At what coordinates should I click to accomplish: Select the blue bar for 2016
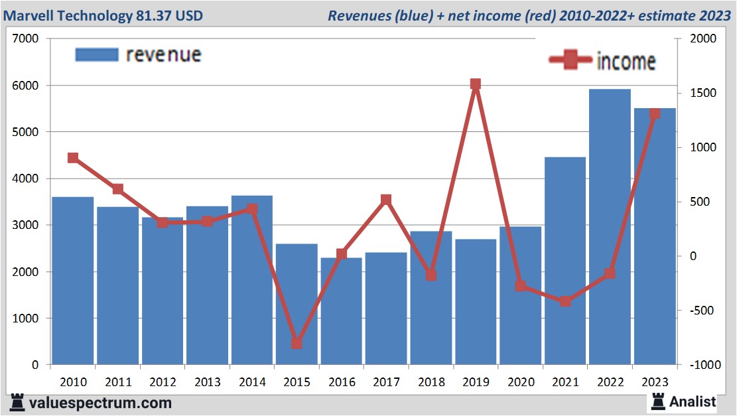(342, 311)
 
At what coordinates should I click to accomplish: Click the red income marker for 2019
(476, 84)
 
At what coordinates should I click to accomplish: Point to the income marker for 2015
(297, 344)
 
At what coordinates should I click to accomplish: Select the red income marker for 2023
(655, 114)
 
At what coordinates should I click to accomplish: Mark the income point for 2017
(386, 200)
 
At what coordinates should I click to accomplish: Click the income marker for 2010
(73, 158)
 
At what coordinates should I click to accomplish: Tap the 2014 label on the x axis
(252, 382)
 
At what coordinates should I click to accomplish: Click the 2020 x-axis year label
(521, 382)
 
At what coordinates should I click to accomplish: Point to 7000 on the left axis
(26, 39)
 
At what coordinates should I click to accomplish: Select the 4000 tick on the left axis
(26, 179)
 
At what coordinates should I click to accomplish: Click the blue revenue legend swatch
(97, 54)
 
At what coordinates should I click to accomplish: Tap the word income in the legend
(626, 61)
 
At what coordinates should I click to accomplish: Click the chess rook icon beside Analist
(658, 401)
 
